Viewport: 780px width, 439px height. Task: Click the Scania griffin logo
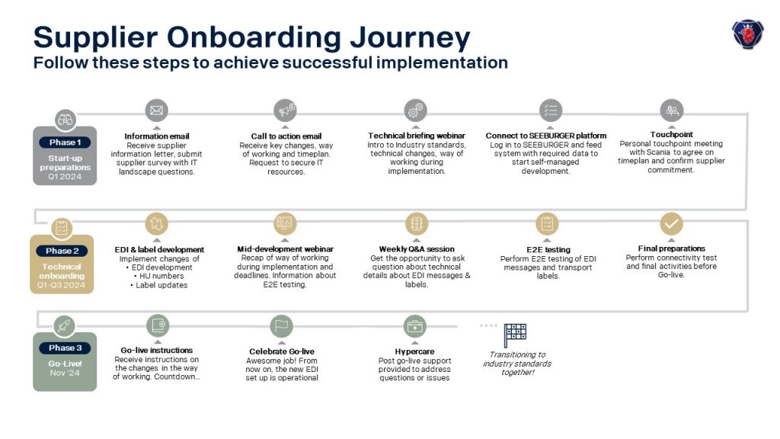(x=748, y=34)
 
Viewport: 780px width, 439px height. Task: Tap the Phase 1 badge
(x=66, y=143)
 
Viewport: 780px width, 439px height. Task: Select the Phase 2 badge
(x=62, y=251)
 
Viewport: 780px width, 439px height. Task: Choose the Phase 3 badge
(x=66, y=348)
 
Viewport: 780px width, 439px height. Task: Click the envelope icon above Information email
(x=157, y=110)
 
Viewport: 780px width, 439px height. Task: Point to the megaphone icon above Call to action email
(x=286, y=110)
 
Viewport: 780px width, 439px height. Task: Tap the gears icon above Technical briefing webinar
(x=415, y=110)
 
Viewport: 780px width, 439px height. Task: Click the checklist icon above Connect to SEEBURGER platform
(x=551, y=110)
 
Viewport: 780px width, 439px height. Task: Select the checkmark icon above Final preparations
(x=672, y=223)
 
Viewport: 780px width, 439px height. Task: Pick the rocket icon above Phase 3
(x=65, y=326)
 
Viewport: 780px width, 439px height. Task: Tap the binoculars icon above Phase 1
(x=66, y=120)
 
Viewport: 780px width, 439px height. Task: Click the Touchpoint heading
(x=672, y=134)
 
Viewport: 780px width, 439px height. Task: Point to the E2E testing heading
(x=548, y=249)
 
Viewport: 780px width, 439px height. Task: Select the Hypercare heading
(x=414, y=351)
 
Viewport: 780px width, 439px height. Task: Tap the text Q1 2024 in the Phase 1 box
(x=65, y=176)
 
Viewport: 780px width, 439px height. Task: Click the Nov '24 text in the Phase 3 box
(x=65, y=373)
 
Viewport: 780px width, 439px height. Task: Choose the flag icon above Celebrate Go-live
(x=282, y=326)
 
